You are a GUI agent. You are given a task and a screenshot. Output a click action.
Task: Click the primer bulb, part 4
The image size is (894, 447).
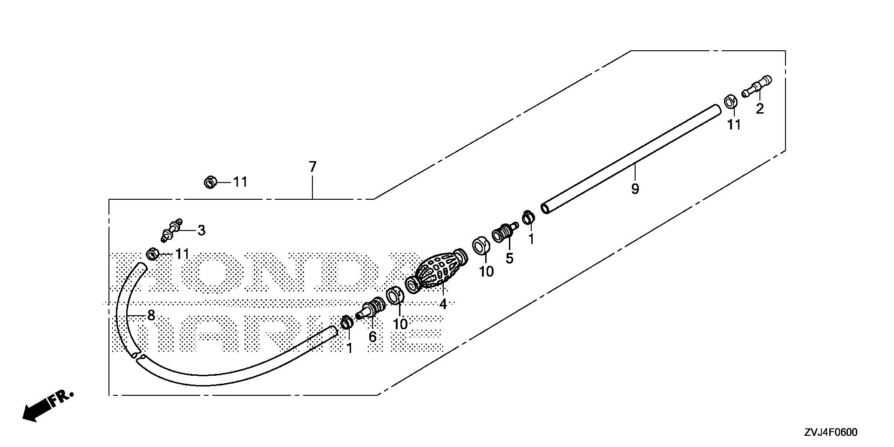click(x=438, y=271)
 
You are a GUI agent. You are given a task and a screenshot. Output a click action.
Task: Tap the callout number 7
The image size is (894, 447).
click(x=312, y=166)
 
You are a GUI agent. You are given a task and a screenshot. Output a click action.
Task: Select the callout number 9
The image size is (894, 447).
click(x=635, y=189)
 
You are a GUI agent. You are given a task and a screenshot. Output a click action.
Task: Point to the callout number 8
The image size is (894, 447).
click(x=151, y=315)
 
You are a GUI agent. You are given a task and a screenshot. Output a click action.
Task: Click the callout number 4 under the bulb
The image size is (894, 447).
click(x=443, y=305)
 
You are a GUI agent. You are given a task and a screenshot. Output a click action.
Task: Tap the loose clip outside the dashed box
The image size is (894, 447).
click(x=210, y=182)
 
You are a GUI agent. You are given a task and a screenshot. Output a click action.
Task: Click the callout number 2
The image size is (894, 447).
click(x=760, y=109)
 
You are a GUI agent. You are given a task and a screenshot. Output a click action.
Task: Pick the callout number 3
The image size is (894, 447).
click(x=201, y=230)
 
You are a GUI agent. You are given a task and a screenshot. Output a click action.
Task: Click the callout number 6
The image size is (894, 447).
click(x=372, y=337)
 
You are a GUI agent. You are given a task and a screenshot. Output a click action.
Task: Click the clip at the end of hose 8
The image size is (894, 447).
click(x=152, y=254)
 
